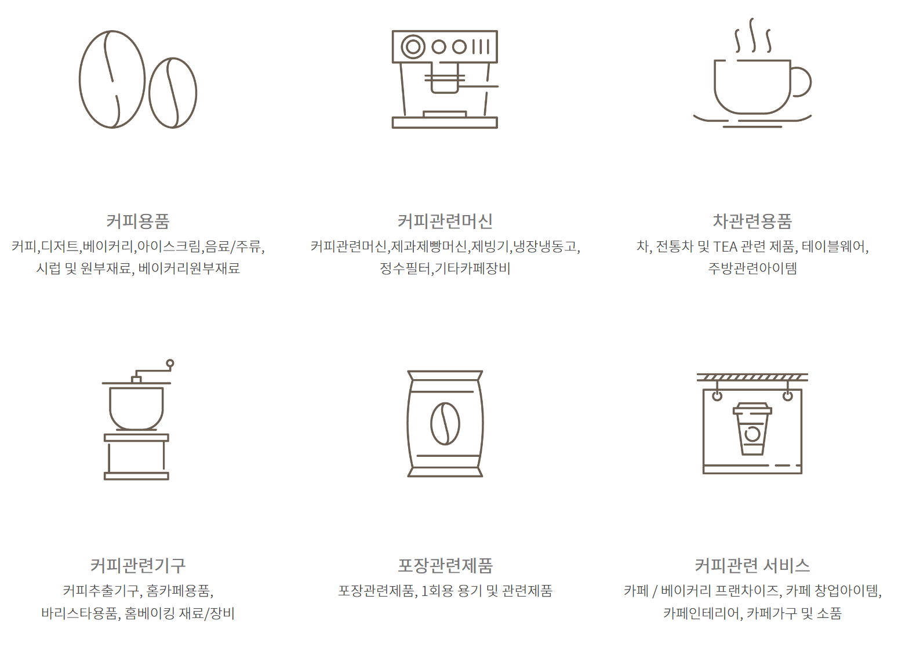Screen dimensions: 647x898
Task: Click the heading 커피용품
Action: click(138, 221)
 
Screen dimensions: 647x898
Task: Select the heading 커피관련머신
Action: click(445, 221)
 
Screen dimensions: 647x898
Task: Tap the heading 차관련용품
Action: click(752, 221)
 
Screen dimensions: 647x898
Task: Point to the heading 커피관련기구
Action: click(138, 565)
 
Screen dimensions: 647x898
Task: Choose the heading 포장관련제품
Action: click(445, 565)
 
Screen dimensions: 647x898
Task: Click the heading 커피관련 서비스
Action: click(752, 565)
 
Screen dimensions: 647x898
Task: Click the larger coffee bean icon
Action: click(112, 79)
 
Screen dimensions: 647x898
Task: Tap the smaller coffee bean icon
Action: click(173, 93)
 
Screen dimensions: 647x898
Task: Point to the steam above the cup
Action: click(752, 36)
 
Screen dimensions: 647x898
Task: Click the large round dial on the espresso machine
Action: click(413, 47)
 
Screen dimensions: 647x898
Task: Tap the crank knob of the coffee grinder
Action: click(170, 364)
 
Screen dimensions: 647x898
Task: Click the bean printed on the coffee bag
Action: click(445, 424)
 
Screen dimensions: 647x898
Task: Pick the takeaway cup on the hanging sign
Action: click(752, 429)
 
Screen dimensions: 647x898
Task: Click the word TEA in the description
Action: click(725, 247)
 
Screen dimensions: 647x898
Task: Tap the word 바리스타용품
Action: click(79, 613)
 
